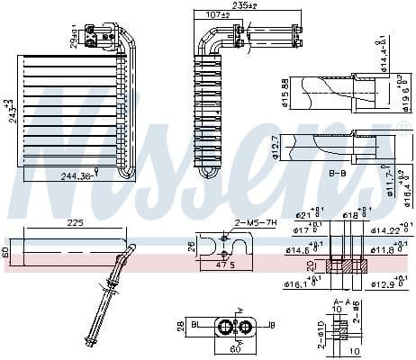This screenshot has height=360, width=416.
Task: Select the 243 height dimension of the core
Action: (x=10, y=112)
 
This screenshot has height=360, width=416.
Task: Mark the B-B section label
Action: (x=338, y=170)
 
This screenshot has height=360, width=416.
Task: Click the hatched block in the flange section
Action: (x=343, y=266)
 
